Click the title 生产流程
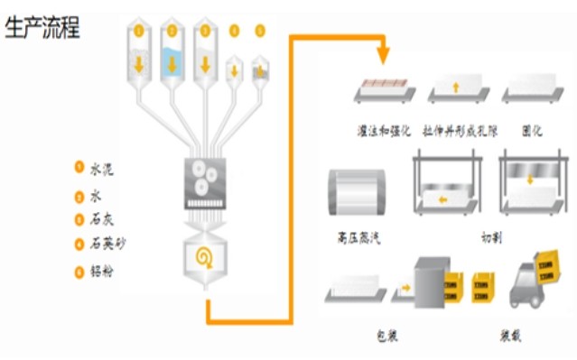(42, 29)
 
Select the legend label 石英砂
(107, 244)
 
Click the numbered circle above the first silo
(138, 30)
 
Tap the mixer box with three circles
(205, 176)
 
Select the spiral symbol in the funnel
(206, 259)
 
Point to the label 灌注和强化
(383, 132)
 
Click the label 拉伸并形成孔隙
(459, 132)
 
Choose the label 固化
(532, 132)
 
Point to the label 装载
(510, 336)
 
